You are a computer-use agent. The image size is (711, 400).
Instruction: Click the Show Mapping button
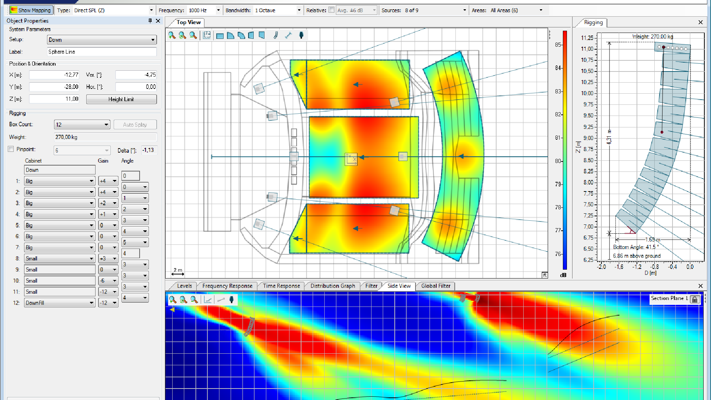(x=31, y=10)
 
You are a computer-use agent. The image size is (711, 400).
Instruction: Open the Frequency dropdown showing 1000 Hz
(x=204, y=10)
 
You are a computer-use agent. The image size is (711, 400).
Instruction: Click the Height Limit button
(x=121, y=99)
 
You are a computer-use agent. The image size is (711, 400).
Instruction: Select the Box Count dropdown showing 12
(x=82, y=124)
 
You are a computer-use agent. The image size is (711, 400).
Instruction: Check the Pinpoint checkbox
(x=11, y=149)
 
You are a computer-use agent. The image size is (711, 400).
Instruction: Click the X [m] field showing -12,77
(x=54, y=75)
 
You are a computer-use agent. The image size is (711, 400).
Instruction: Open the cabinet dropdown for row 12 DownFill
(x=59, y=303)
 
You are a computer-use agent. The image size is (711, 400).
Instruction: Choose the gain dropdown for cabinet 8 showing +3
(x=108, y=259)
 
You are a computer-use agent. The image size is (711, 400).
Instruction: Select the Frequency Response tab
(x=227, y=286)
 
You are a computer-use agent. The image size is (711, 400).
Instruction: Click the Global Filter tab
(x=435, y=286)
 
